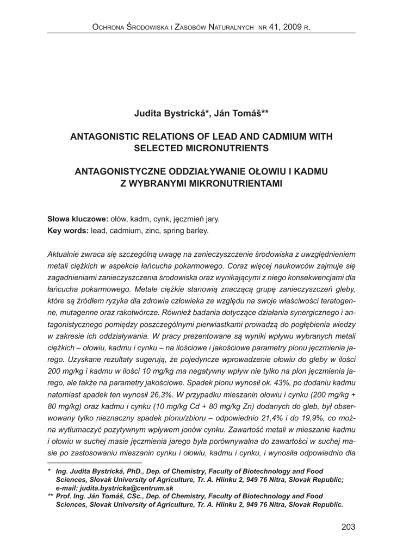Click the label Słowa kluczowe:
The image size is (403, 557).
[x=78, y=219]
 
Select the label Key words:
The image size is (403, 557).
[x=68, y=231]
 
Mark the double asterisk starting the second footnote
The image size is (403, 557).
[x=51, y=496]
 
